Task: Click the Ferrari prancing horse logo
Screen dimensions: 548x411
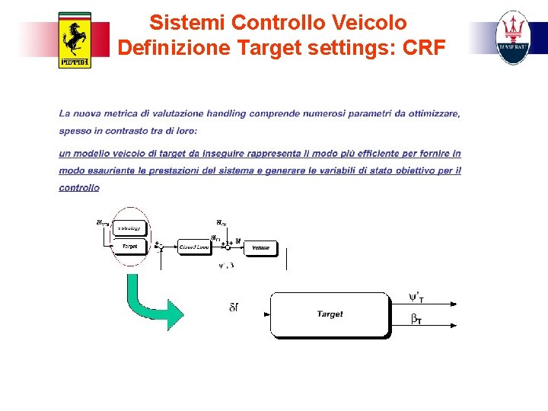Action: point(75,40)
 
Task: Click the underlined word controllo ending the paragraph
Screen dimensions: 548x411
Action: point(79,188)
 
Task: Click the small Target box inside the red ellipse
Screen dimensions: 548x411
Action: point(129,247)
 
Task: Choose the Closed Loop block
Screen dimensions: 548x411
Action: point(193,247)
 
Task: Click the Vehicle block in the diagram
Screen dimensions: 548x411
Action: point(260,247)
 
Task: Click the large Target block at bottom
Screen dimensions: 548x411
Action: point(330,314)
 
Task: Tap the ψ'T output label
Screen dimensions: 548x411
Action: point(416,297)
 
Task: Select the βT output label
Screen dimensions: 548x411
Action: point(416,320)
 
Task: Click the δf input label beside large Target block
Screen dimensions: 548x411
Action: point(234,307)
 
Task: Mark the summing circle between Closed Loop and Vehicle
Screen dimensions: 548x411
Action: point(227,247)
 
